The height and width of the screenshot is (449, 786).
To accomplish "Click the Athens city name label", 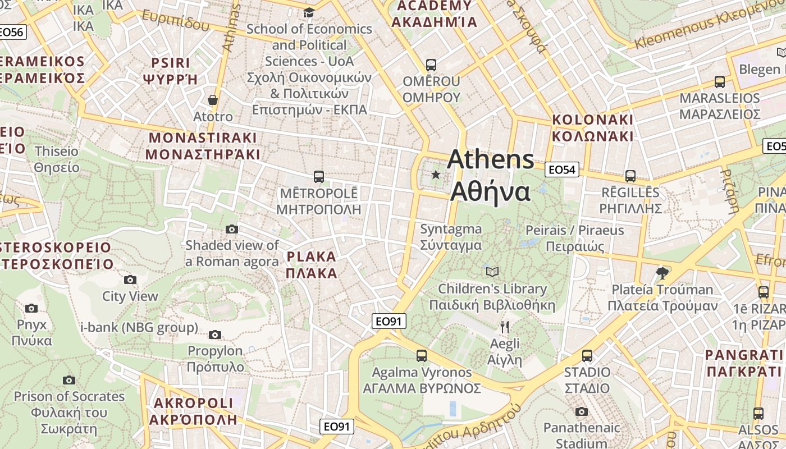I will point(490,175).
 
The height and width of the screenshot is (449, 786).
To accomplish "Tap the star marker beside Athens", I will point(436,175).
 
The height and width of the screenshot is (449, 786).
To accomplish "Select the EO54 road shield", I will point(562,169).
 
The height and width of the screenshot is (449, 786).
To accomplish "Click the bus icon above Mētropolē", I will point(319,177).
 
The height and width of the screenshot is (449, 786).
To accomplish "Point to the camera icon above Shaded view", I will point(231,229).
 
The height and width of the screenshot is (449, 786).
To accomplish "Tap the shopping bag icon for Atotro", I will point(213,100).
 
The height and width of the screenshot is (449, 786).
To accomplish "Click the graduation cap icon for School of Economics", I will point(309,12).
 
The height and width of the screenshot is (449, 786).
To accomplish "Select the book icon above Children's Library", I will point(492,272).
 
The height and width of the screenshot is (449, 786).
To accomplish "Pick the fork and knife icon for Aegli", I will point(505,327).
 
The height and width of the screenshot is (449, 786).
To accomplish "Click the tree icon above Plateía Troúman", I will point(662,273).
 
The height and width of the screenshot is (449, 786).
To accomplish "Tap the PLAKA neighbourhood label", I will point(312,265).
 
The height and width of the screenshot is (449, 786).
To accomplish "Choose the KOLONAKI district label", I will point(593,128).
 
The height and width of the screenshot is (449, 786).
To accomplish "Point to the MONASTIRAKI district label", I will point(203,146).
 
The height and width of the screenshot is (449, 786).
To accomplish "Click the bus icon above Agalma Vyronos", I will point(422,355).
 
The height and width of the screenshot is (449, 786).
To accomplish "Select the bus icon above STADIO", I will point(587,355).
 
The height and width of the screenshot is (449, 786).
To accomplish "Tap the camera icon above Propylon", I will point(214,335).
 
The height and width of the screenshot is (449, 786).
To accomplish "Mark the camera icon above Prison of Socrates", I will point(69,380).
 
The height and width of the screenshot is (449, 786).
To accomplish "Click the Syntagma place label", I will point(451,237).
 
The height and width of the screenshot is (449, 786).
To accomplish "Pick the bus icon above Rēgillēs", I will point(630,176).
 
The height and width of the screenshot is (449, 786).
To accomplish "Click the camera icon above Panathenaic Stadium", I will point(582,411).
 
